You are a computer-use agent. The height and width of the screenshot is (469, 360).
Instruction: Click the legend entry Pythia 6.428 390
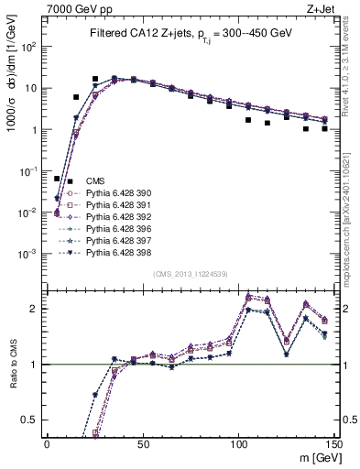114,193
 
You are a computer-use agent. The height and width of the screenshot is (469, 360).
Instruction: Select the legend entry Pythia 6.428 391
114,205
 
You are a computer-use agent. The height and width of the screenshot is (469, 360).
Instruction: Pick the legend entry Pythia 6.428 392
114,217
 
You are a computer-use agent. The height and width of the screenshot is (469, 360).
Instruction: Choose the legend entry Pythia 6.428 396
114,229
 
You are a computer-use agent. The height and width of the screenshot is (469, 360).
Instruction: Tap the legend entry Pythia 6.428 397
114,241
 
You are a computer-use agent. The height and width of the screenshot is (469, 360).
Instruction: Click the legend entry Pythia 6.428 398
114,253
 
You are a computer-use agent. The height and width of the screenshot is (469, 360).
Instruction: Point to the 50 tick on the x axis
141,442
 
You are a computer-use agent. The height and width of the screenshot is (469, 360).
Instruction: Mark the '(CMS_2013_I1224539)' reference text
190,274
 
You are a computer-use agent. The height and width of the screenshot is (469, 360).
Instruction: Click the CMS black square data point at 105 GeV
248,120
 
